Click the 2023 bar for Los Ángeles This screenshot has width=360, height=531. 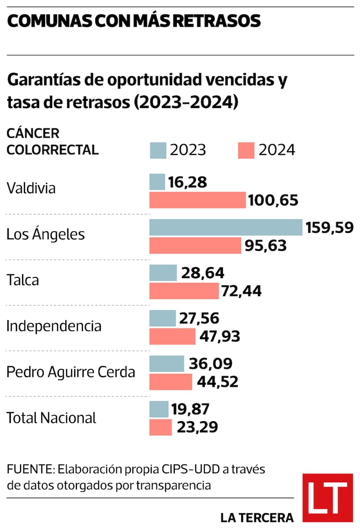point(225,227)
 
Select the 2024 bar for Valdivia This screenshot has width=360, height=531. point(198,200)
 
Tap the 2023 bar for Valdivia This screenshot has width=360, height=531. point(157,182)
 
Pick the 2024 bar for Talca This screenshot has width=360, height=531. point(184,291)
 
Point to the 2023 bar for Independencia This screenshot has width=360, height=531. point(162,318)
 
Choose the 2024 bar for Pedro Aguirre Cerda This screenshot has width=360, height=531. point(171,382)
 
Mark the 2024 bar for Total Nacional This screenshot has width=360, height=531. point(160,427)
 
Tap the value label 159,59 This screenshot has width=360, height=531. point(330,227)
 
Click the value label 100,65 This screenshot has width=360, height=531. point(274,200)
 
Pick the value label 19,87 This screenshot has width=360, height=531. point(190,409)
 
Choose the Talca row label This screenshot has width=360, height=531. point(22,280)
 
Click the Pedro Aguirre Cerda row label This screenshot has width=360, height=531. point(71,372)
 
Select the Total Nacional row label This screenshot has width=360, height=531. point(51,418)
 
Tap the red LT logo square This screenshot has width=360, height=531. point(327,497)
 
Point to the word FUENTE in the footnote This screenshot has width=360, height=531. point(29,470)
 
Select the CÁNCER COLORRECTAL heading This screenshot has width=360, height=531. point(52,141)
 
